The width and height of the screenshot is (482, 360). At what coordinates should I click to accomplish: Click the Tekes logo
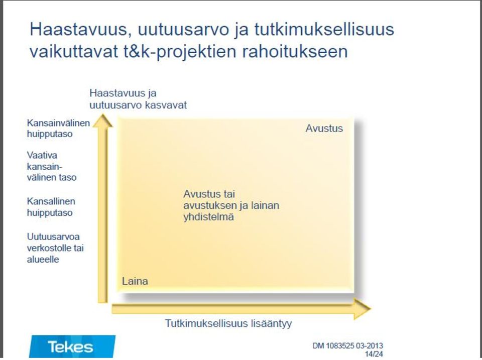pos(72,346)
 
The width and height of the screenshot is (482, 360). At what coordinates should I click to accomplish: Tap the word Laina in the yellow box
pos(135,281)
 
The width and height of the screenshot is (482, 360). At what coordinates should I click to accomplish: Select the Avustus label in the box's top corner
pos(324,128)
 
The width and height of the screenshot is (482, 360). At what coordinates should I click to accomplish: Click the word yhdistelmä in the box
pos(208,217)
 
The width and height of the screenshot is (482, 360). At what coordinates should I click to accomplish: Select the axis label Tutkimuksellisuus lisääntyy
pos(228,324)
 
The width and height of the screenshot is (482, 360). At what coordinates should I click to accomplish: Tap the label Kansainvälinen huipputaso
pos(58,128)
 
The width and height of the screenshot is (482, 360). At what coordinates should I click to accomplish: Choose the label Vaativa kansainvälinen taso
pos(52,166)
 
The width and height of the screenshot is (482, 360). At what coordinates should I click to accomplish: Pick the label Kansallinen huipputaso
pos(51,206)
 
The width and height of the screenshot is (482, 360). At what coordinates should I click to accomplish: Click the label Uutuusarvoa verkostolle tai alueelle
pos(55,248)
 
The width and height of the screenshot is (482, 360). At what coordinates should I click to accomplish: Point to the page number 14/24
pos(374,354)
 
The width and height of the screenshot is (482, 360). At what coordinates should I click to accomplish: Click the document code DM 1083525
pos(333,345)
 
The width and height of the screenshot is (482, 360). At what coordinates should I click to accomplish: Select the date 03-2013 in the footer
pos(370,345)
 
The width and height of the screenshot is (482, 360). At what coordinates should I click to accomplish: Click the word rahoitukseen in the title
pos(295,51)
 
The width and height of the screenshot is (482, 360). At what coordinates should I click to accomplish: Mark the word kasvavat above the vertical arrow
pos(166,105)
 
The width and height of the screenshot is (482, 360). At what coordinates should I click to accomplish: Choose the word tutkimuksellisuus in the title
pos(324,30)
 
